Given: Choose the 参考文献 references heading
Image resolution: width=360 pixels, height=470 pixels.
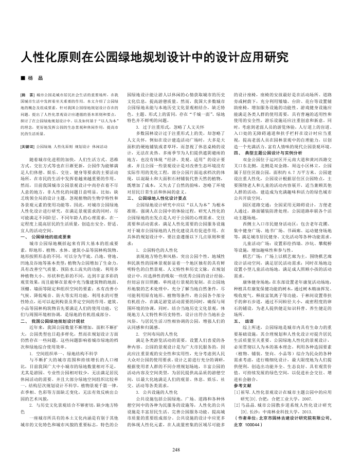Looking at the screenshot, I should click(x=242, y=399).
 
